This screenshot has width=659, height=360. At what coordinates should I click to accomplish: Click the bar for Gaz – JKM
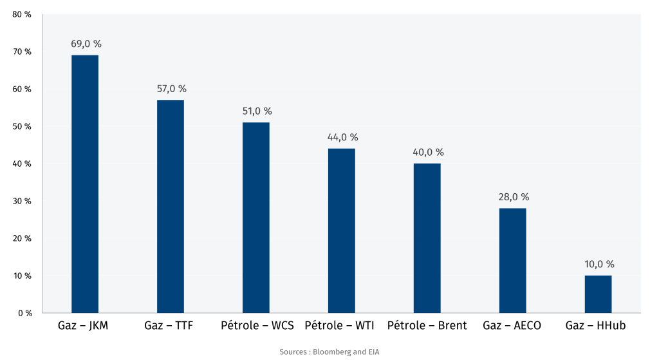point(85,184)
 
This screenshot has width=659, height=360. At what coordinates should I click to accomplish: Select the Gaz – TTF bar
point(171,206)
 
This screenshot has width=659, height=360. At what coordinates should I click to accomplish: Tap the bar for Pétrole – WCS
point(256,218)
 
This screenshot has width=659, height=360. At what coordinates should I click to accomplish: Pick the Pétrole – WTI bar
point(341,231)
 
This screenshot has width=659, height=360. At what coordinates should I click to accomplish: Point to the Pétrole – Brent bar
point(427,238)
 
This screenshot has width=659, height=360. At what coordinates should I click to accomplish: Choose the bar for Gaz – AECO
point(513,261)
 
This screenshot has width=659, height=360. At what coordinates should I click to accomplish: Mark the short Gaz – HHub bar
point(598,294)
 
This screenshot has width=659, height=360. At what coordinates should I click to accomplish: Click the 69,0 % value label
point(86,44)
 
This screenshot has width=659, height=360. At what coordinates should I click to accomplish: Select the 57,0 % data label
point(171,89)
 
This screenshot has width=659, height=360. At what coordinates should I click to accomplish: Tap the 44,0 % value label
point(342,137)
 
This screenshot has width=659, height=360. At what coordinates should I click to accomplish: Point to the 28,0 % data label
point(514,197)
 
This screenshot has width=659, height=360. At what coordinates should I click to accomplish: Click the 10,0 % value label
point(599,264)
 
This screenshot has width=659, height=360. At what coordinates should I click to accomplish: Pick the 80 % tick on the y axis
point(22,14)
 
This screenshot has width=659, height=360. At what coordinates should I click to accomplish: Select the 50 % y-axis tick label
point(22,126)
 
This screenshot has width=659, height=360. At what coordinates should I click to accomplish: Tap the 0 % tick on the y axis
point(24,313)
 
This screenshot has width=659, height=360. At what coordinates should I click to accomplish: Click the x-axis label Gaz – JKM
point(84,326)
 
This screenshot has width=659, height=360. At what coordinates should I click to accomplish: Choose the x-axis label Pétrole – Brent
point(427,326)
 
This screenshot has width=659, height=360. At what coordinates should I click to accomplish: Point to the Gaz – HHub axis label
point(595,326)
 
